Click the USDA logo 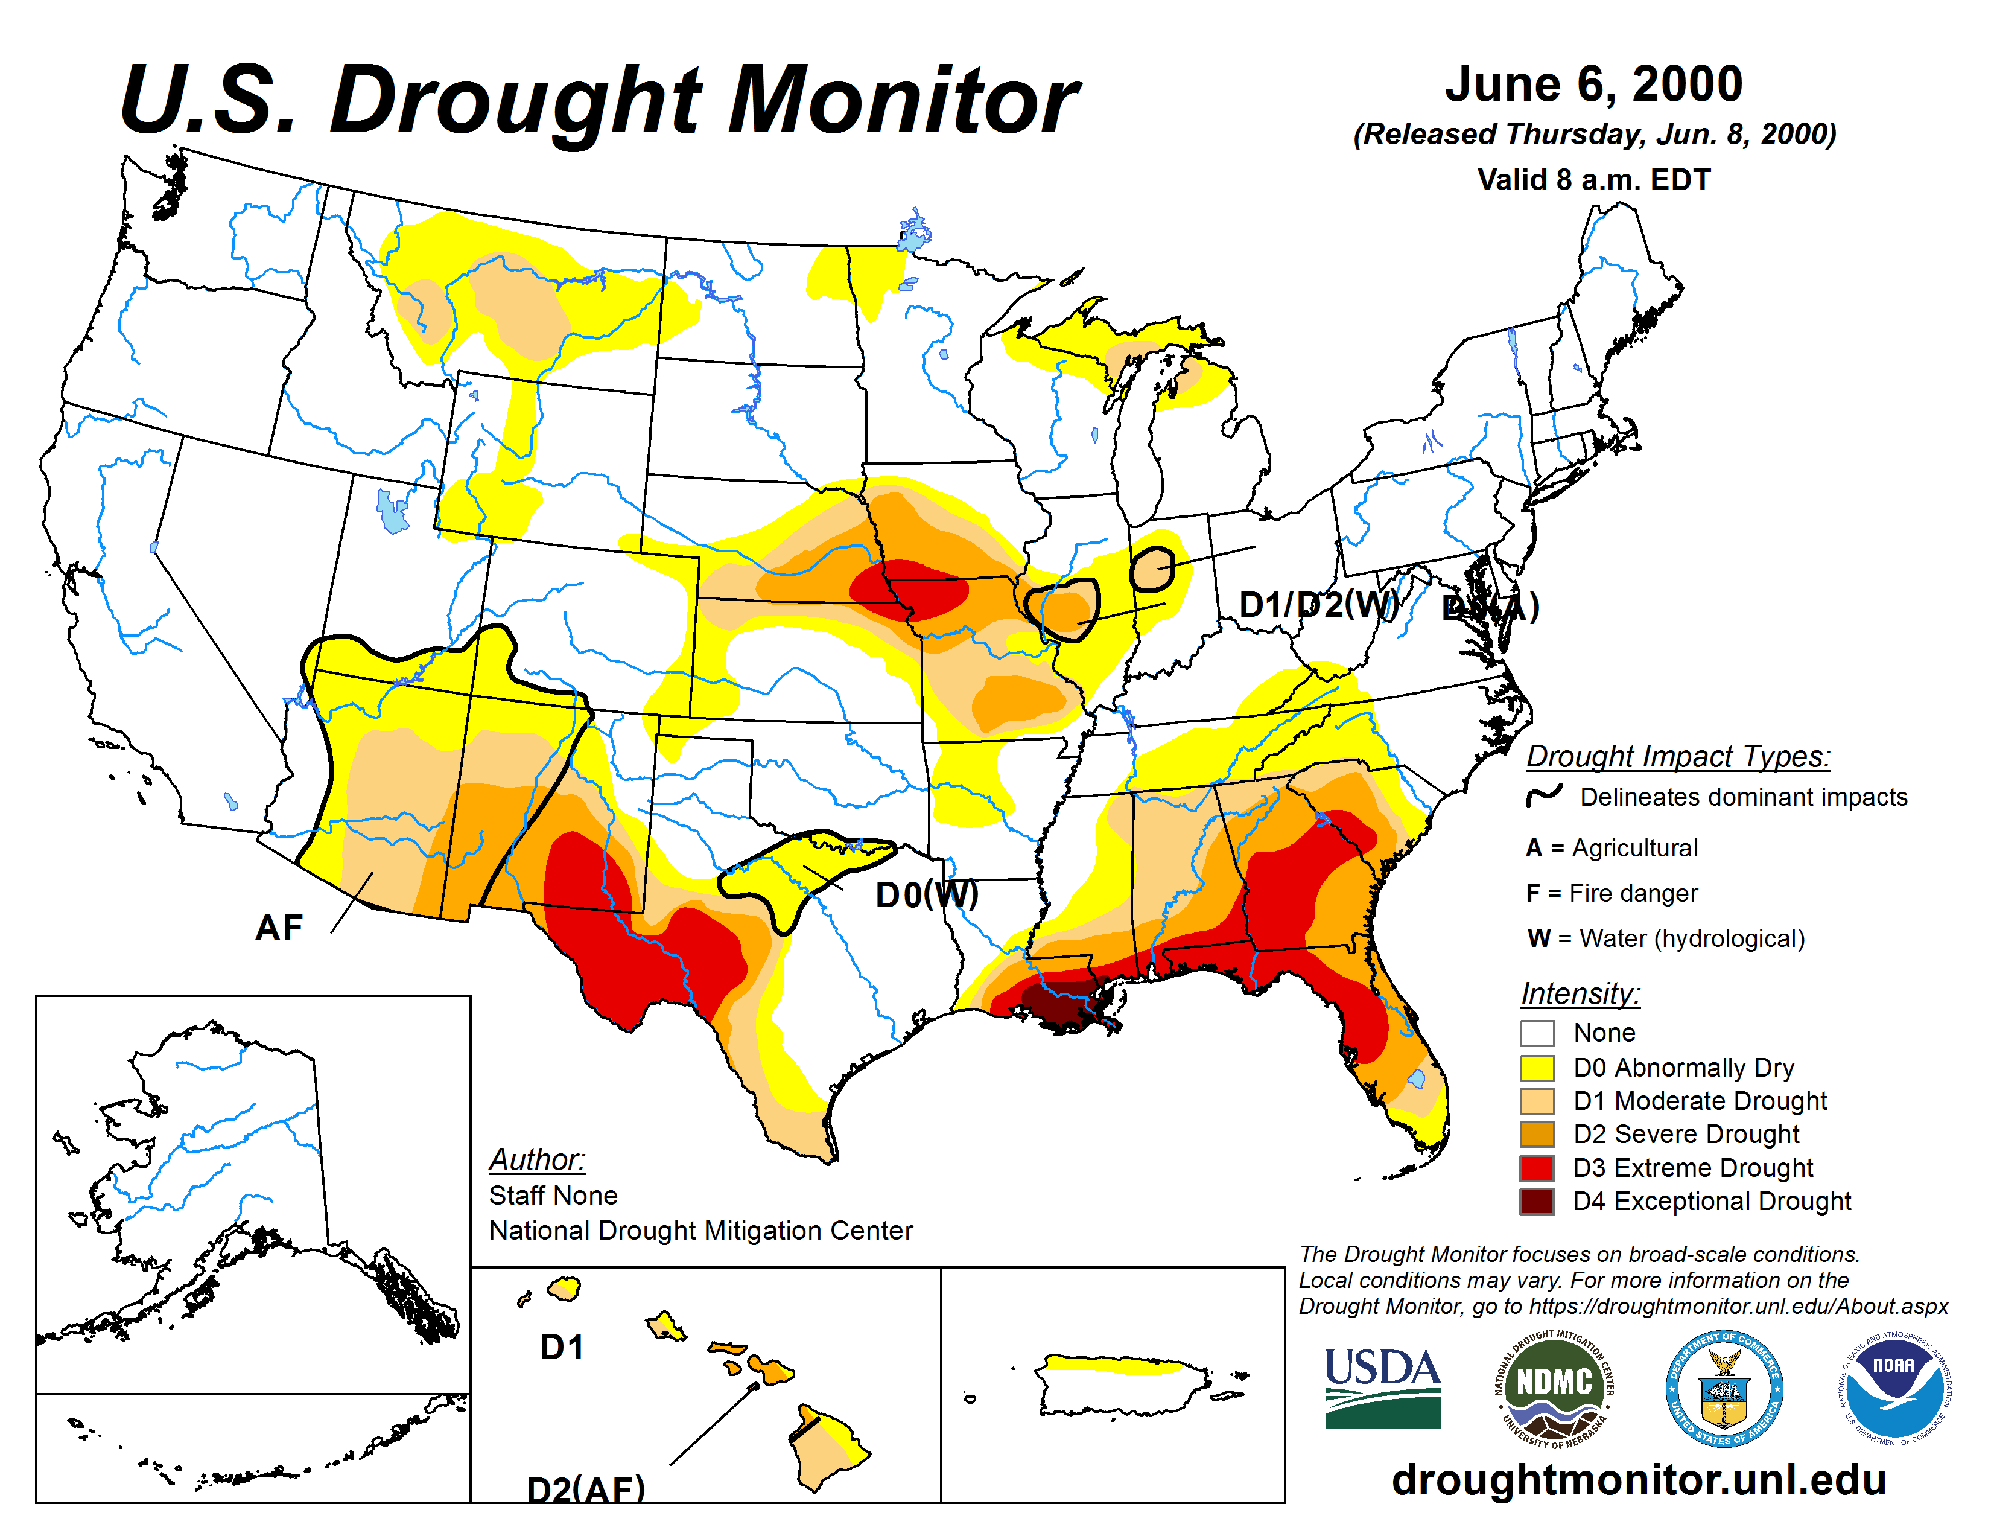pos(1382,1388)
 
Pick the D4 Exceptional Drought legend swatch pos(1537,1202)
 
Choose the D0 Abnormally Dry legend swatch pos(1537,1068)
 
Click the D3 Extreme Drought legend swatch pos(1537,1168)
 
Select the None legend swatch pos(1537,1033)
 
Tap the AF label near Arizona pos(279,928)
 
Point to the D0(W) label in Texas pos(926,895)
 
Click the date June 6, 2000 pos(1593,84)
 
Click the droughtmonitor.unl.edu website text pos(1638,1479)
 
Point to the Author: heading pos(537,1160)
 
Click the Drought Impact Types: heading pos(1677,757)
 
